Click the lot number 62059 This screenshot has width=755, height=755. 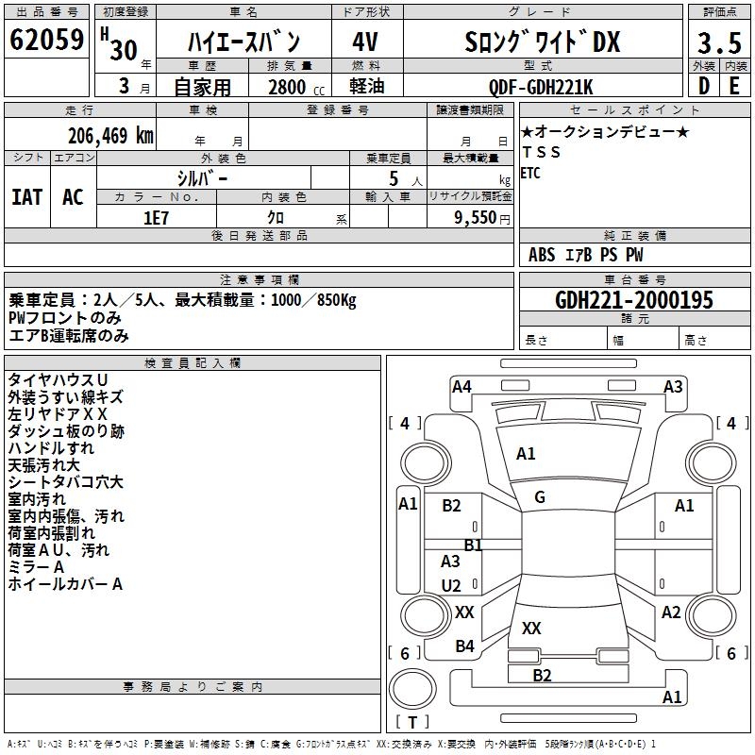[x=46, y=41]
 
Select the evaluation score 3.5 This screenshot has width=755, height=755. [x=717, y=43]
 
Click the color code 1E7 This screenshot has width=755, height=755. [x=156, y=217]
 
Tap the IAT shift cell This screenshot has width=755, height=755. [x=27, y=196]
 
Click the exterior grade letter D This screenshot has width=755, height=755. [x=703, y=87]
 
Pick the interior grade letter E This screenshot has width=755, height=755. [x=734, y=87]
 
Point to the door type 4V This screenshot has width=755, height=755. [x=366, y=42]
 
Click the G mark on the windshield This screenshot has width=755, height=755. [x=540, y=497]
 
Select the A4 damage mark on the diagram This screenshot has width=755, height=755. [x=461, y=386]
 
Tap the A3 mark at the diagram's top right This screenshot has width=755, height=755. [x=673, y=386]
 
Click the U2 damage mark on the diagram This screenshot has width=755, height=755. [x=452, y=585]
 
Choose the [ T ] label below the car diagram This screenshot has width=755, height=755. [x=412, y=723]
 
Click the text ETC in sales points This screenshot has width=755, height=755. [x=530, y=173]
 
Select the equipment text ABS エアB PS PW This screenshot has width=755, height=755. [x=586, y=255]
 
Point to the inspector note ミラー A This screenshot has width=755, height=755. [x=36, y=567]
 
